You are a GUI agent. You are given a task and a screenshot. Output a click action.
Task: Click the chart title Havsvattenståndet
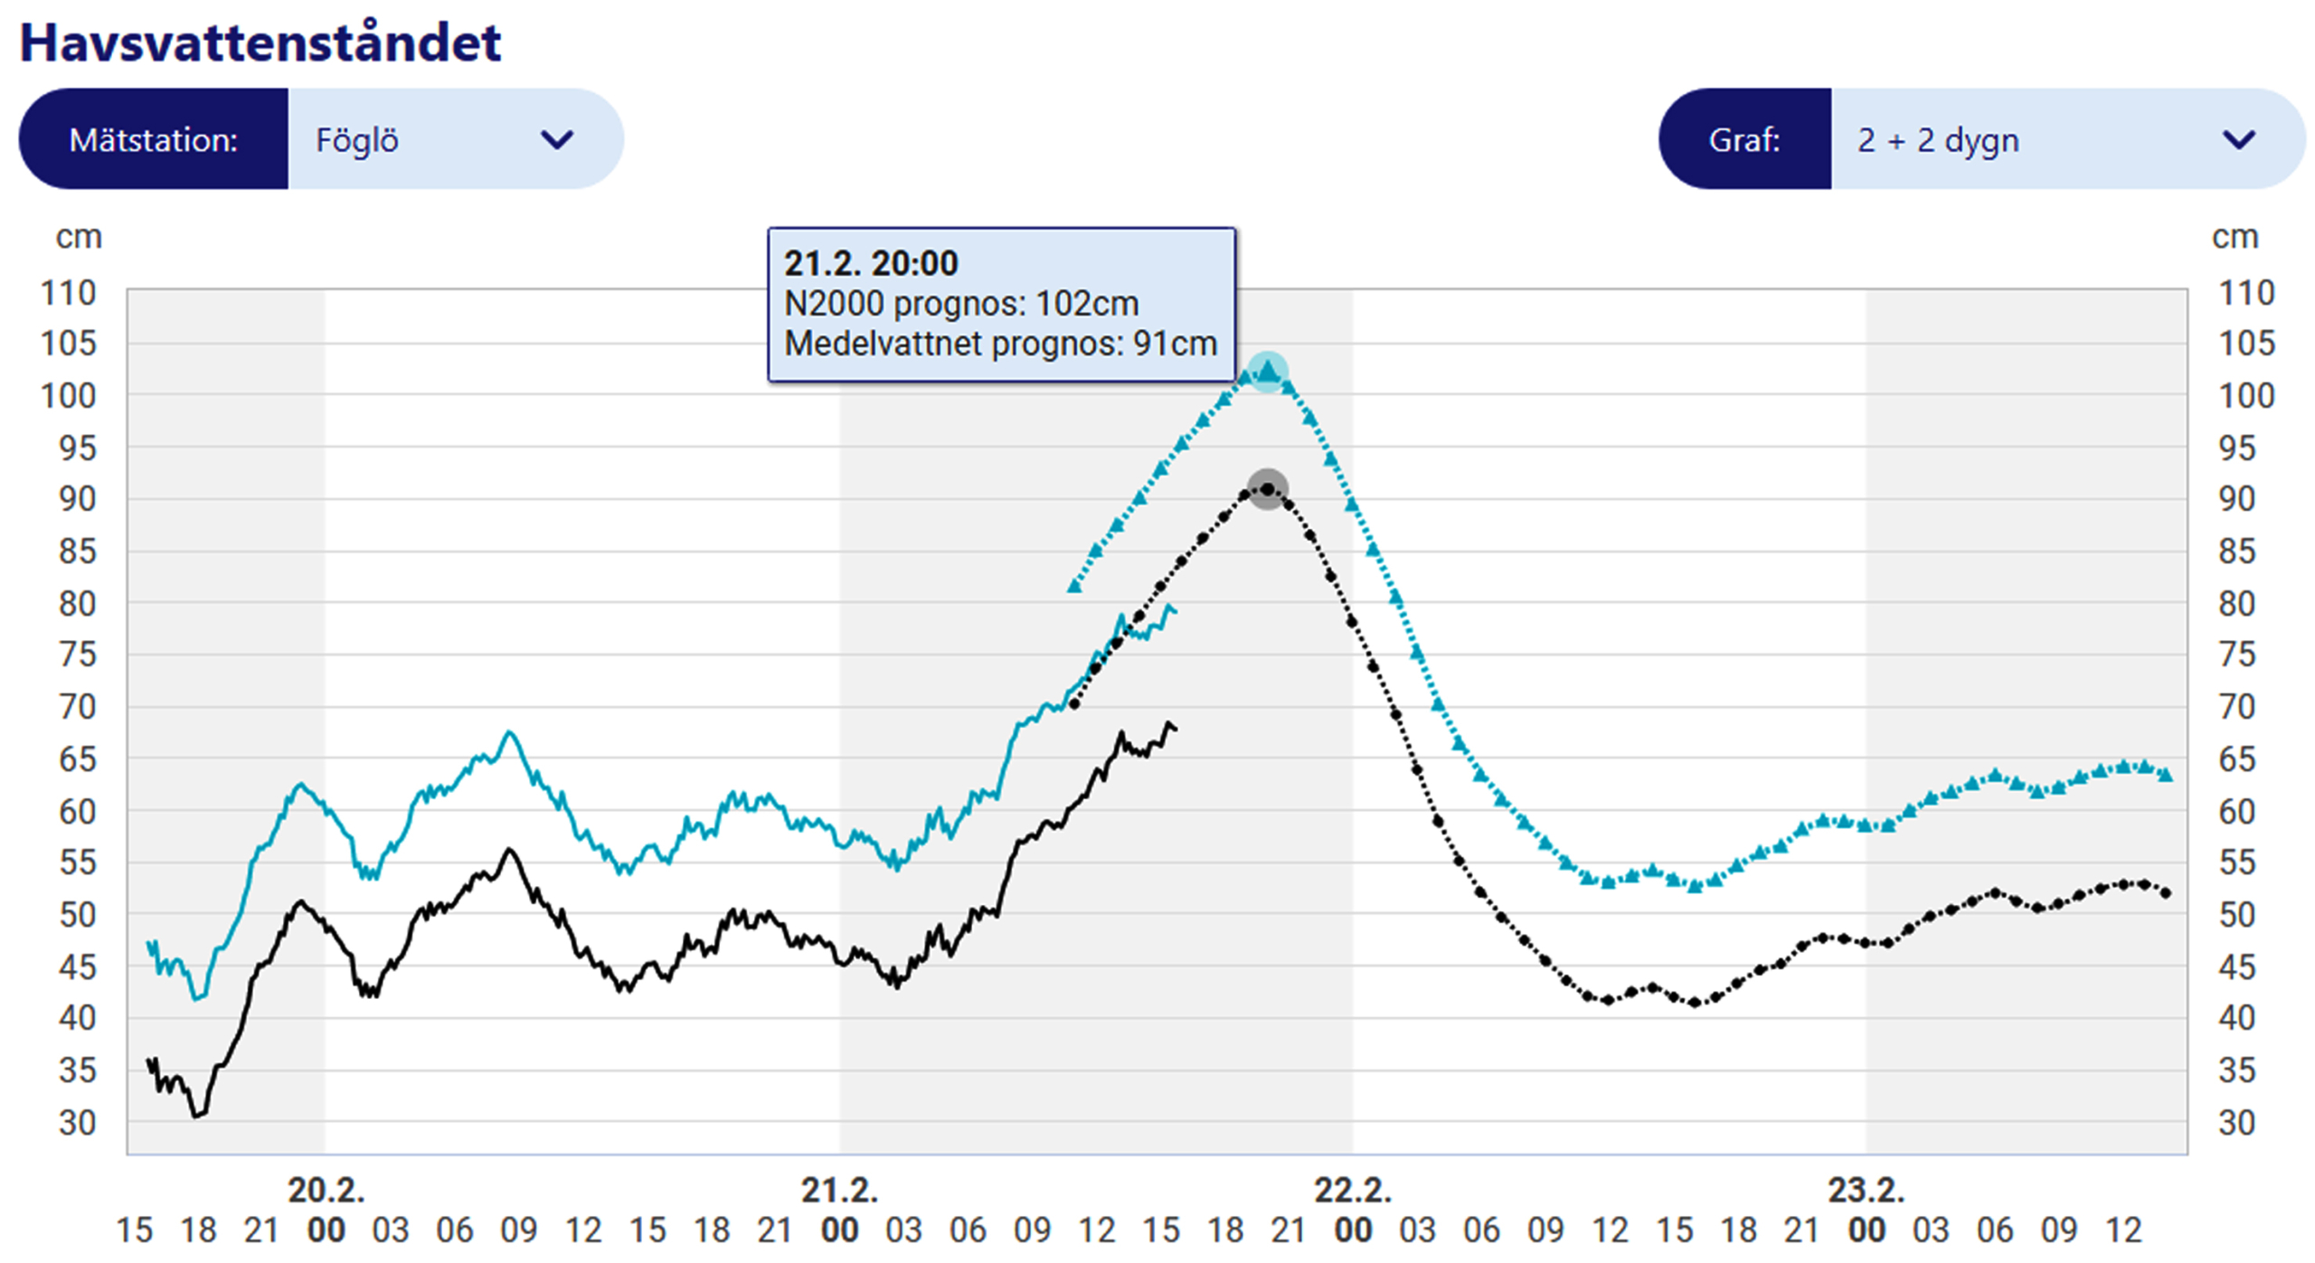tap(260, 42)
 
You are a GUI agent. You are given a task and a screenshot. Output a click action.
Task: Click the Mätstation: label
tap(154, 139)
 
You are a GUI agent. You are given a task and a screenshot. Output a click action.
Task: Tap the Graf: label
tap(1744, 139)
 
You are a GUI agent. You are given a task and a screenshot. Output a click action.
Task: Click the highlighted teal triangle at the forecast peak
tap(1268, 371)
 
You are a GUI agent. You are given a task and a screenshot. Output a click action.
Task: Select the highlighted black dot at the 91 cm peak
tap(1268, 489)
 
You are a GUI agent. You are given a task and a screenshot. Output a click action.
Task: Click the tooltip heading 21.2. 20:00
tap(870, 263)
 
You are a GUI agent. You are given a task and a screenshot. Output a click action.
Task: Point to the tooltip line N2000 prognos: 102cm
tap(960, 304)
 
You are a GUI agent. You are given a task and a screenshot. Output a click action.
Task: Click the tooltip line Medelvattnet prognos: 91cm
tap(1000, 344)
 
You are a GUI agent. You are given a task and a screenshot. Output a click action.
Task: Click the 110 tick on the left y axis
tap(68, 293)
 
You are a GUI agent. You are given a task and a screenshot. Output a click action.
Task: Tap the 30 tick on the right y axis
tap(2236, 1123)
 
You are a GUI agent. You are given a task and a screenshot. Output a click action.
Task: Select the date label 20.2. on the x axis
tap(326, 1190)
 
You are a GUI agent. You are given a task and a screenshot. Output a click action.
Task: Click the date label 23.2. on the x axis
tap(1866, 1190)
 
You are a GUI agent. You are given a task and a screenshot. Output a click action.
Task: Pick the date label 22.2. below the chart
tap(1352, 1190)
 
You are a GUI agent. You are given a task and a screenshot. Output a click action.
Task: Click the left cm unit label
tap(79, 237)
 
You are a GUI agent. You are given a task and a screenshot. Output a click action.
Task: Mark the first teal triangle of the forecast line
tap(1074, 587)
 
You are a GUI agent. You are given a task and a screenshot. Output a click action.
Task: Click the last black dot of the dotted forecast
tap(2165, 893)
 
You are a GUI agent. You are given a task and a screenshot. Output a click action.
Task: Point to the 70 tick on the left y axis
tap(77, 706)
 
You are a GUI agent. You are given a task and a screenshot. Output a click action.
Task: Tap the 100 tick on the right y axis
tap(2245, 395)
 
